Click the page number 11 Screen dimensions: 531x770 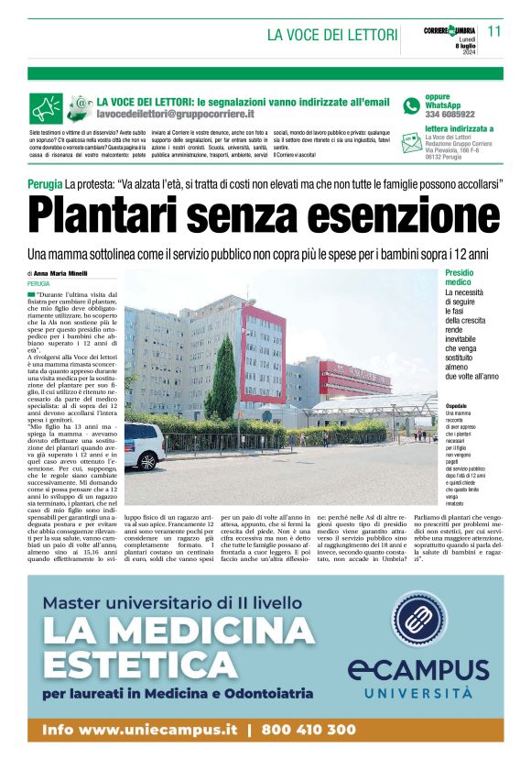tap(494, 30)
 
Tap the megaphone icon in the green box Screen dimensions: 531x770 tap(47, 108)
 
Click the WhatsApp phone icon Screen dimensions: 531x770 tap(411, 104)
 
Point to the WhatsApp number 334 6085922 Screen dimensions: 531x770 tap(450, 115)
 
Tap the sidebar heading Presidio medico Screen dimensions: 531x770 tap(461, 278)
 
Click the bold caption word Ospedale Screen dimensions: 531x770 tap(458, 405)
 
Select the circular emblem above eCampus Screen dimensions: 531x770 tap(420, 619)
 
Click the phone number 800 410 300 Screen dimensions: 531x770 tap(309, 730)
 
